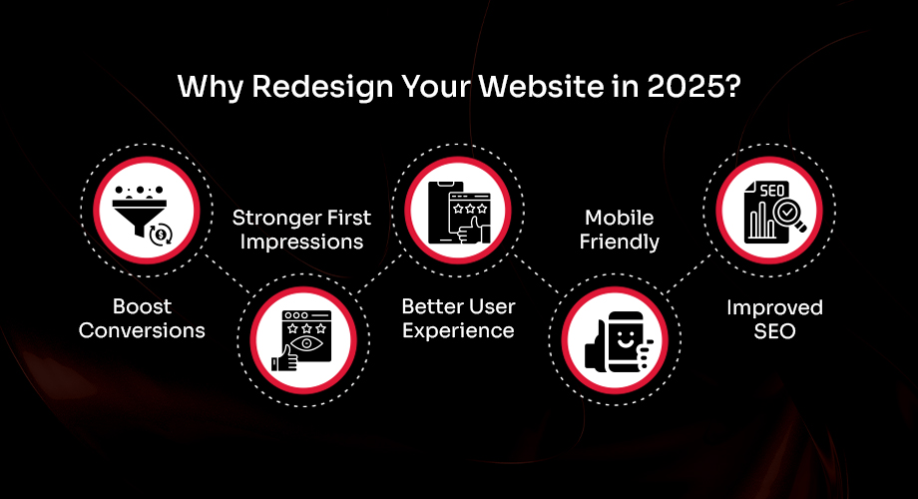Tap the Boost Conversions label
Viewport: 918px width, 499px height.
click(x=142, y=317)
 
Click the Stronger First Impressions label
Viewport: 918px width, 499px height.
click(x=301, y=230)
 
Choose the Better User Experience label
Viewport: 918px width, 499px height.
click(x=458, y=317)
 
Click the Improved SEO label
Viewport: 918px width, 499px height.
click(x=774, y=317)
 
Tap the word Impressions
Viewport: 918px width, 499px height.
click(x=301, y=242)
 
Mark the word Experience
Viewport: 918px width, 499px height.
click(x=458, y=329)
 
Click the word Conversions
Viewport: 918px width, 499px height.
click(x=142, y=329)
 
